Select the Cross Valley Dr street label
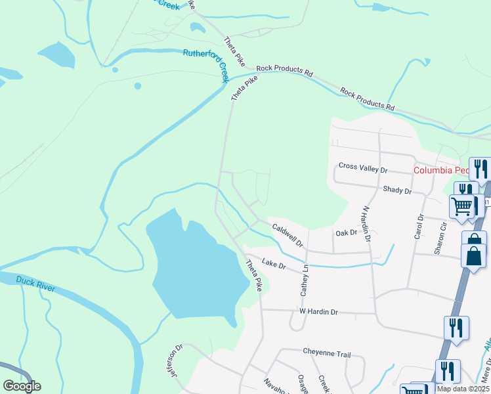click(x=363, y=169)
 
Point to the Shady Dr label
click(x=396, y=190)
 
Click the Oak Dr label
click(x=345, y=232)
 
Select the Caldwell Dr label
click(x=288, y=234)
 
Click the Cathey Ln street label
click(x=305, y=278)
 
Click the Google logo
click(x=22, y=386)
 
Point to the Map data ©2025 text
click(x=461, y=389)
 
